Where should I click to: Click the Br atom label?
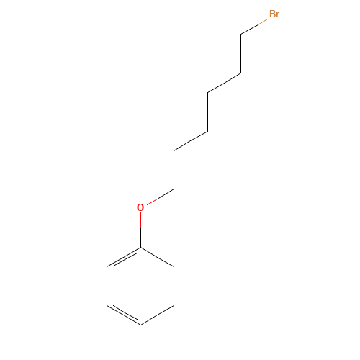tap(274, 14)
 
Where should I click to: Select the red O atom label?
tap(140, 207)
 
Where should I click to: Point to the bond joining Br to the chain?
tap(254, 27)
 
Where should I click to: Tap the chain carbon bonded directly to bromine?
tap(241, 35)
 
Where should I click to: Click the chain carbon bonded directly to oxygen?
tap(174, 189)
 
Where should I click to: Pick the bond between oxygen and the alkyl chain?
tap(161, 197)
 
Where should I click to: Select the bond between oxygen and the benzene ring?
tap(140, 230)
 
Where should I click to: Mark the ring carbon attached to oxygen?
tap(140, 247)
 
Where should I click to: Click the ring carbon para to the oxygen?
tap(140, 325)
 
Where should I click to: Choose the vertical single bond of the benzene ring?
tap(107, 286)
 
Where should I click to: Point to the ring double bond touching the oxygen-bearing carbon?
tap(125, 257)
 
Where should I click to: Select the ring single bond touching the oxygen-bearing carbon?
tap(157, 257)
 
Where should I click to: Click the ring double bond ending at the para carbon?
tap(123, 315)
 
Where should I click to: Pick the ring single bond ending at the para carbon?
tap(157, 315)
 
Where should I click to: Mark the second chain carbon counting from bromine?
tap(241, 73)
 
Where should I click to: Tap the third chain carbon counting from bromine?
tap(207, 92)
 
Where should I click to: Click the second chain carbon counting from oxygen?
tap(174, 150)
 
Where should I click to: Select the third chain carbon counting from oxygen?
tap(207, 131)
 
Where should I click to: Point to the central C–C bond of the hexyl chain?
tap(207, 112)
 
